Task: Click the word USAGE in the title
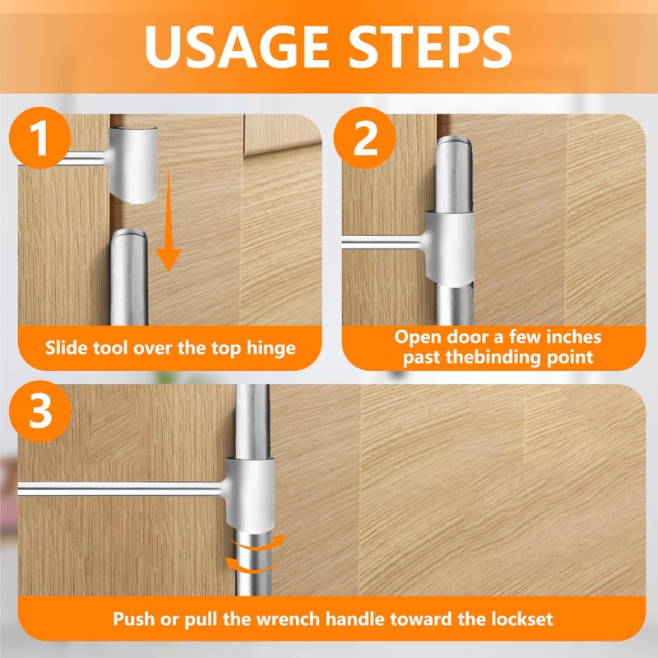click(236, 46)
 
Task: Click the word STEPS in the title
click(429, 46)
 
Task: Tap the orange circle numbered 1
click(39, 137)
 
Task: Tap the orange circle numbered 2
click(364, 137)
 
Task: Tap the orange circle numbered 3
click(39, 411)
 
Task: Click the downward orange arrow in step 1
click(169, 220)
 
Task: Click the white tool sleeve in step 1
click(133, 165)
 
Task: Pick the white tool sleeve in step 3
click(249, 493)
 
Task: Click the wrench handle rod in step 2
click(382, 243)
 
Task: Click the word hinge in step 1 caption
click(271, 348)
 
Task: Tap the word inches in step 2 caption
click(574, 337)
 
